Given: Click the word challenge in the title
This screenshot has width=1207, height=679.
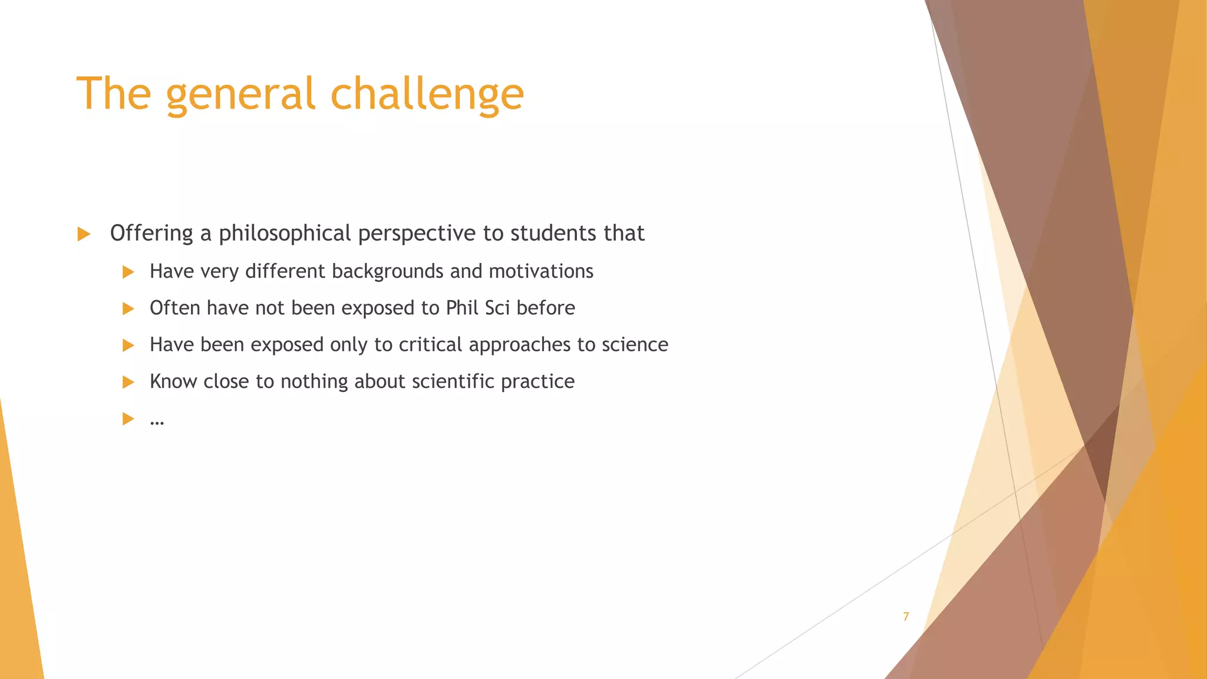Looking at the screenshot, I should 427,94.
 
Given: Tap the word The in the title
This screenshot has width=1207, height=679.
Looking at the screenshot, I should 114,94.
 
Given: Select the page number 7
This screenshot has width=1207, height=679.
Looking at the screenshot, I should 906,617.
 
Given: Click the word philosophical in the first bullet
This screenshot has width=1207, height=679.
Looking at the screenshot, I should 285,233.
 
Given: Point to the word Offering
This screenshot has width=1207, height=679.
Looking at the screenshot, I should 151,233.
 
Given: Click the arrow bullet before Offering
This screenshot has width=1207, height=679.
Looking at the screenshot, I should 84,234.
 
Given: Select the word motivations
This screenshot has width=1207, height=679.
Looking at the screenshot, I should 540,271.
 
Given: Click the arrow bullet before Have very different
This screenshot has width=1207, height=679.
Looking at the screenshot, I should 128,272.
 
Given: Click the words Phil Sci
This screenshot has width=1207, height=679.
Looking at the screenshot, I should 477,308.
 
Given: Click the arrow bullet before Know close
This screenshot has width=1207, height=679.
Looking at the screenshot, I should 128,382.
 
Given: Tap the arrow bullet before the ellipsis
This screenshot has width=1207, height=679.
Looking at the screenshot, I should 128,419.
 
